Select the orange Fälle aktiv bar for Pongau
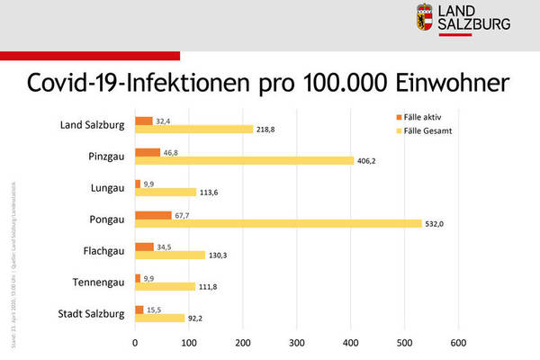click(x=153, y=215)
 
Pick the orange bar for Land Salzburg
click(x=144, y=121)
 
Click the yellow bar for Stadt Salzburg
click(x=159, y=318)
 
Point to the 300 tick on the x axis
click(x=296, y=343)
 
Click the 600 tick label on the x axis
click(x=457, y=343)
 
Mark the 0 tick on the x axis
click(x=135, y=343)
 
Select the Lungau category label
click(x=104, y=188)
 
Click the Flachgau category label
click(x=100, y=250)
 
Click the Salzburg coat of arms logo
click(x=423, y=18)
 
